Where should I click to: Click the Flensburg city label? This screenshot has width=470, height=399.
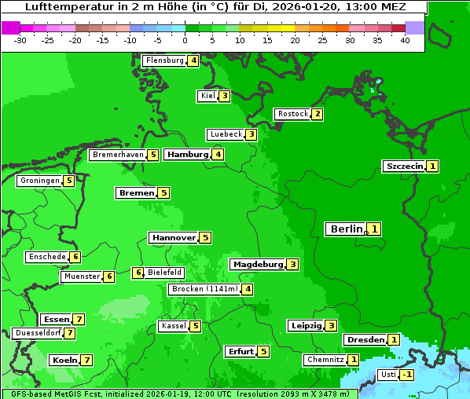[x=164, y=60]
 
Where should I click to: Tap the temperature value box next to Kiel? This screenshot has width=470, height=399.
[x=224, y=97]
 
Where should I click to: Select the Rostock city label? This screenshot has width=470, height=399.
[x=292, y=114]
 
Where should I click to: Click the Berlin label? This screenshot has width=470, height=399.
[x=346, y=229]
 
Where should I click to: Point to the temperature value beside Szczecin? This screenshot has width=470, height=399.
[x=433, y=167]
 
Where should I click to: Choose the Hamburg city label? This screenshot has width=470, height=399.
[x=187, y=155]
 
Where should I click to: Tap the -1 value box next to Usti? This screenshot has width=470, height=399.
[x=406, y=375]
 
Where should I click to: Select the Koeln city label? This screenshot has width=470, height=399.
[x=64, y=361]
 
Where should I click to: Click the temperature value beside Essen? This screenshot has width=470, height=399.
[x=79, y=320]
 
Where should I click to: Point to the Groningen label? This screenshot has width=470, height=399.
[x=40, y=181]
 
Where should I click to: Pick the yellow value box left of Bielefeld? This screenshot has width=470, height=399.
[x=138, y=273]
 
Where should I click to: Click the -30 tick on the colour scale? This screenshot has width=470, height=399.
[x=20, y=40]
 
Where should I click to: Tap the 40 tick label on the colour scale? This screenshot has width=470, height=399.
[x=405, y=40]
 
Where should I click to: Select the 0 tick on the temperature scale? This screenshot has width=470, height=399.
[x=185, y=40]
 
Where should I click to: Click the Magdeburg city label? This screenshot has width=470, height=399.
[x=257, y=265]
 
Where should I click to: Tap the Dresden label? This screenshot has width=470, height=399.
[x=365, y=340]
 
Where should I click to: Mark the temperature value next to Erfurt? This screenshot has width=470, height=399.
[x=263, y=352]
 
